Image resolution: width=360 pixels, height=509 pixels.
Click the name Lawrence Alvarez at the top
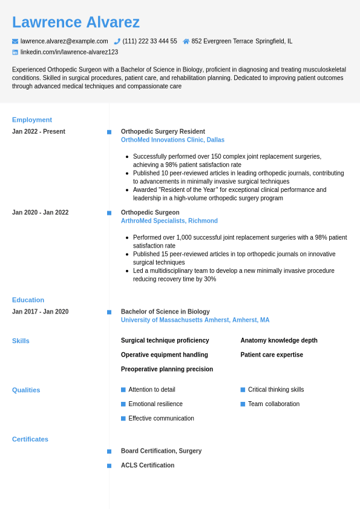point(76,22)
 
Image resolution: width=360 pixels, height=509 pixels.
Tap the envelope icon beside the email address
point(15,41)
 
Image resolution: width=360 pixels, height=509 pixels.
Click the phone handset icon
point(117,41)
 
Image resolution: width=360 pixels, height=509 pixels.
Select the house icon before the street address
point(186,41)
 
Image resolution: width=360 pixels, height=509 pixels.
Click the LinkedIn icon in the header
point(15,52)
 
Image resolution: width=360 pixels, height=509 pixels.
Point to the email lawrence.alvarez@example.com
point(64,41)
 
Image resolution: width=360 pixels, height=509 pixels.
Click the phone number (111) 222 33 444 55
point(149,41)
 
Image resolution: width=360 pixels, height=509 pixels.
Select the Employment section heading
point(32,120)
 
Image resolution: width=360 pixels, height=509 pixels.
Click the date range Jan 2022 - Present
point(39,131)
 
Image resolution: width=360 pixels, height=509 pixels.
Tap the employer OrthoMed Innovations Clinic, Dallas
point(172,140)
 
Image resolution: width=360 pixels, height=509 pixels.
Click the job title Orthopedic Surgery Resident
point(163,131)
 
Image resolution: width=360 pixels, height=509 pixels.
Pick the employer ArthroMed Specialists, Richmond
point(169,221)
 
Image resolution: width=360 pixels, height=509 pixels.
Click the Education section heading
point(28,300)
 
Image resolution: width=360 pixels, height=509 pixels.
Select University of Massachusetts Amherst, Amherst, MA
point(195,320)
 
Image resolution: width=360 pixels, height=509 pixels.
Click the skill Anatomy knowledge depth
point(279,340)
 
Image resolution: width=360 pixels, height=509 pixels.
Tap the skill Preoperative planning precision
point(167,369)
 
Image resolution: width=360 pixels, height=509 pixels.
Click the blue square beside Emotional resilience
point(123,404)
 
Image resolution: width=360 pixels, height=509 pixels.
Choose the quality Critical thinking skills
point(276,390)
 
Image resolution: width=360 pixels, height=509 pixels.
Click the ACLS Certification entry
point(148,465)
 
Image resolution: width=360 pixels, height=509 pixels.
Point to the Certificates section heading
point(30,439)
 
